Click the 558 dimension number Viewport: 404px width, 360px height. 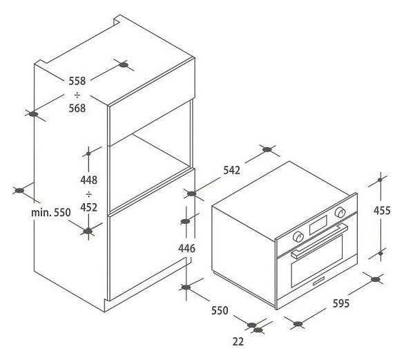coord(77,81)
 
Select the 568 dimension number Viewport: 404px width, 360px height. coord(77,108)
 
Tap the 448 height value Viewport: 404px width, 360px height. coord(88,180)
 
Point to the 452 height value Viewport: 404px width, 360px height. coord(88,207)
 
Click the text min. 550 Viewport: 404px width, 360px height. coord(50,213)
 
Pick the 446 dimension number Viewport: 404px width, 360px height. coord(186,248)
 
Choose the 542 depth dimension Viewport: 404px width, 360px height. coord(231,170)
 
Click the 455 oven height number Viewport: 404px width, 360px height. coord(382,211)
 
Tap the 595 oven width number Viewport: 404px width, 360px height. coord(341,303)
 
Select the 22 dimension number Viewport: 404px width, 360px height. coord(238,342)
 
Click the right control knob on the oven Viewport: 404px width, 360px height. coord(340,212)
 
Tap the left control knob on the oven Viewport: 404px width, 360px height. coord(298,237)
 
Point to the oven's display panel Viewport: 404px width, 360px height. coord(318,225)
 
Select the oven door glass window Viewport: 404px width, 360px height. coord(317,261)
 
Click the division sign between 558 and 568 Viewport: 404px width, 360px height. coord(77,95)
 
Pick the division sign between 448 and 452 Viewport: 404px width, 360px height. coord(88,194)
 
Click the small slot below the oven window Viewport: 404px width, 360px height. coord(319,281)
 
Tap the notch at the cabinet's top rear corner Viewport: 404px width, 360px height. coord(118,21)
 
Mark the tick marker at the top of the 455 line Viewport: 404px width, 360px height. coord(380,180)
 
